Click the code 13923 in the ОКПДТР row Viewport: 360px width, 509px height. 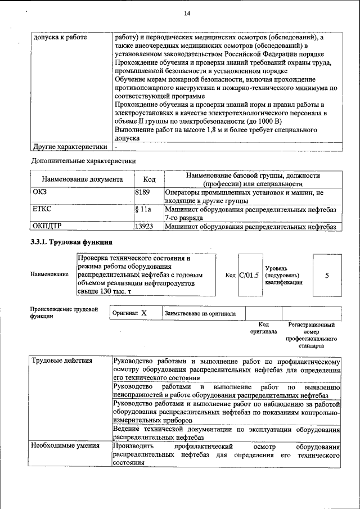click(144, 227)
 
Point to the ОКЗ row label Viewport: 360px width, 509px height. click(40, 193)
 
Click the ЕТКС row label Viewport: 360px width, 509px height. click(42, 209)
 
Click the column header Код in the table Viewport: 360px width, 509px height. click(149, 179)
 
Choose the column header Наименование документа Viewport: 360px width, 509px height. click(82, 179)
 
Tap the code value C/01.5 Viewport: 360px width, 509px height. click(249, 275)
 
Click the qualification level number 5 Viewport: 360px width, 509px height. click(327, 275)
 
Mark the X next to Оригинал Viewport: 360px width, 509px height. click(144, 313)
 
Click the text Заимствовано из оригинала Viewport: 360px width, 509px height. click(200, 313)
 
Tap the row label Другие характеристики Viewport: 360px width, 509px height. click(69, 147)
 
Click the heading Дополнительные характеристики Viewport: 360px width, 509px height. click(83, 161)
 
